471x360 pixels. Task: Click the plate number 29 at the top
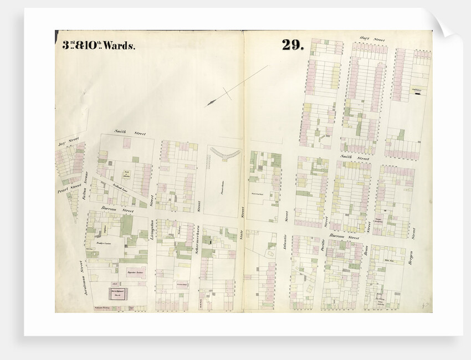tap(292, 45)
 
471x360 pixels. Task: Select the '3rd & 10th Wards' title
tap(98, 45)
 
